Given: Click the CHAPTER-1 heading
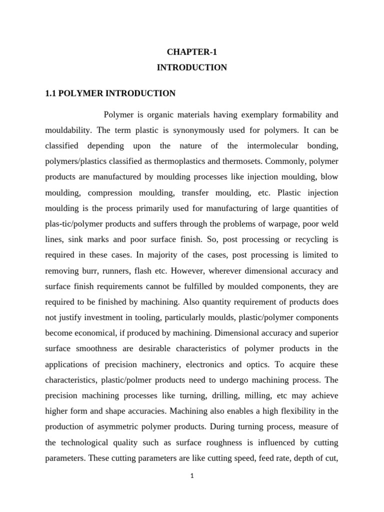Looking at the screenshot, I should coord(192,51).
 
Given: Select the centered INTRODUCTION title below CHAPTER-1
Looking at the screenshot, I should coord(192,67).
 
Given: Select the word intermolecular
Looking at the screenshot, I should coord(272,146).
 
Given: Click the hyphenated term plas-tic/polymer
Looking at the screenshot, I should coord(76,223).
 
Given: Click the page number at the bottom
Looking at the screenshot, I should coord(192,476).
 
